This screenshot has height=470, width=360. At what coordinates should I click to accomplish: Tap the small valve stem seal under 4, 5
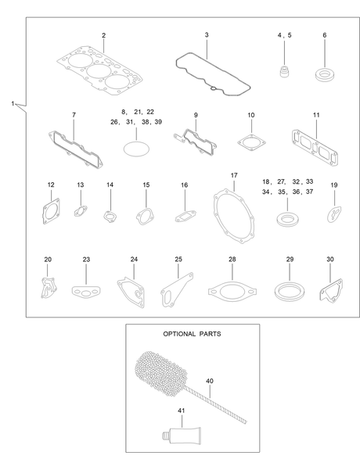284,72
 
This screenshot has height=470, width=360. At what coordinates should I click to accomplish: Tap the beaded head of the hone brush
161,371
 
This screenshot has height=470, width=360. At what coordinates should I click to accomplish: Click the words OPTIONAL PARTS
192,334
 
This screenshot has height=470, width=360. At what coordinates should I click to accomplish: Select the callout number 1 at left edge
13,104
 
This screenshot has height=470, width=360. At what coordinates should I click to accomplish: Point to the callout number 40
210,381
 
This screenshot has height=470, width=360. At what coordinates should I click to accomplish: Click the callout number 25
178,259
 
